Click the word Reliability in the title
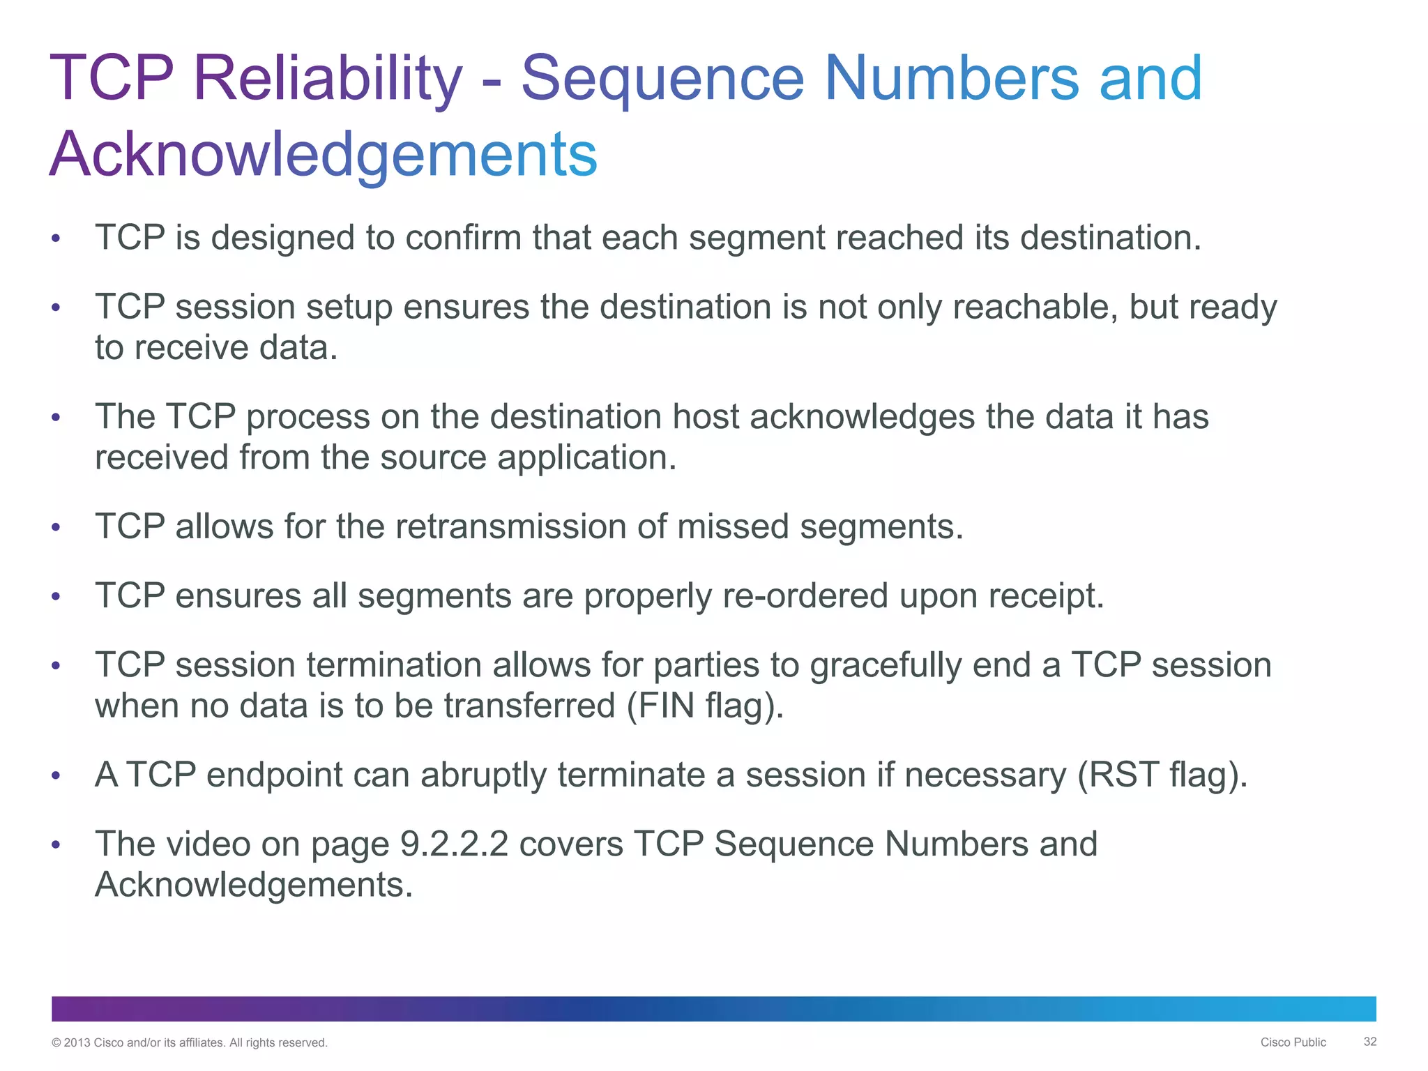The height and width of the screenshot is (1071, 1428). [x=327, y=78]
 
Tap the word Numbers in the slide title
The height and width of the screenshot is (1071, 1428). [x=952, y=78]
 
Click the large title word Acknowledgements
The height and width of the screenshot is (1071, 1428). [x=324, y=155]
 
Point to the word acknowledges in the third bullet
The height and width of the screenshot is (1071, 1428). [x=862, y=417]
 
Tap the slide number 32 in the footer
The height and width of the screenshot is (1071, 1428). [x=1369, y=1042]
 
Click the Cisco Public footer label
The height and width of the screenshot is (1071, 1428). [x=1293, y=1042]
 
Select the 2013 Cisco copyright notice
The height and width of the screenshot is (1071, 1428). [x=190, y=1043]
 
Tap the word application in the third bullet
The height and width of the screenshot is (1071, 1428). [x=586, y=458]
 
